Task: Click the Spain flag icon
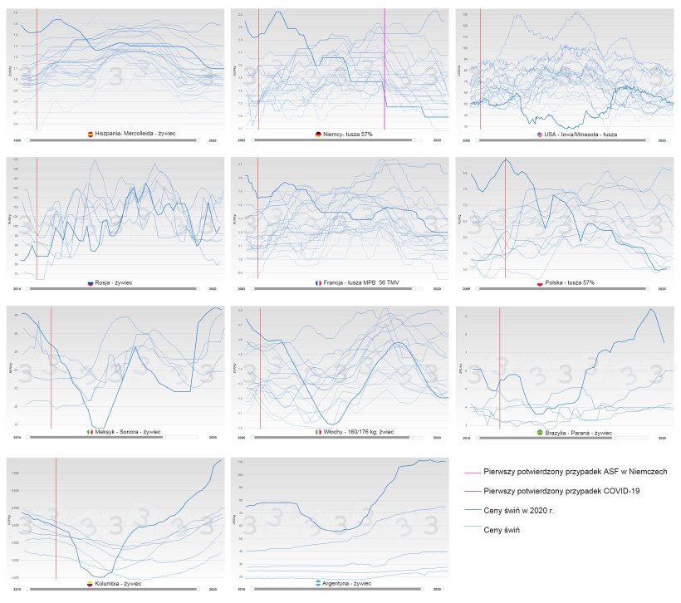91,133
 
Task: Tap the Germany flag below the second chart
318,134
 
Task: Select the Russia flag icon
91,282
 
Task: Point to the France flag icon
318,282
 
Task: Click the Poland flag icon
540,282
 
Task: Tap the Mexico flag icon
90,433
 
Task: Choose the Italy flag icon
318,433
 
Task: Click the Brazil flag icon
540,433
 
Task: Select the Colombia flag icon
91,584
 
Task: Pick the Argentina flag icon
318,584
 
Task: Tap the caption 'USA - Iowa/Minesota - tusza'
581,134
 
